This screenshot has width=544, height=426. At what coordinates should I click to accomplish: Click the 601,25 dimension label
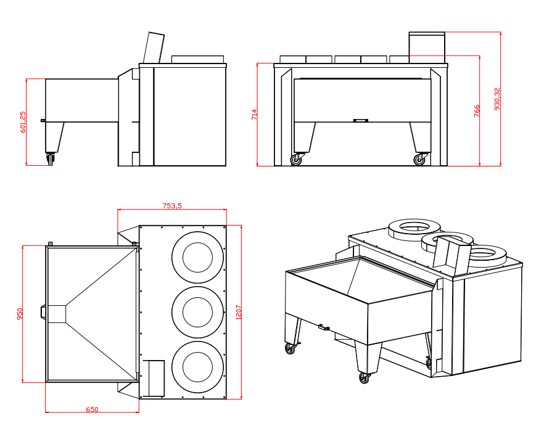pos(23,122)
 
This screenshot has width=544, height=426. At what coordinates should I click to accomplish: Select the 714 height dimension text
pos(254,115)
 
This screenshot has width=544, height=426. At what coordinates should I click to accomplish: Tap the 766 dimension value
pos(477,111)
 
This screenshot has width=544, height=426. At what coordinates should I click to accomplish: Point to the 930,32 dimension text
pos(497,99)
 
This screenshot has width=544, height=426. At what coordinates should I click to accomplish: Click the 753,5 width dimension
pos(172,206)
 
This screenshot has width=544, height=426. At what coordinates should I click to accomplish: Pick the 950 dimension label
pos(20,314)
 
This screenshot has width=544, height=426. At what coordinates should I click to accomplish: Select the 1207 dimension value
pos(239,311)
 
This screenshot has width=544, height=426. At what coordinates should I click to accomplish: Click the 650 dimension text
pos(92,409)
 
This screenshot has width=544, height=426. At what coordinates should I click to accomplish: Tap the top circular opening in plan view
pos(197,257)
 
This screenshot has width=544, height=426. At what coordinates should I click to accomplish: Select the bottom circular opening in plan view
pos(197,367)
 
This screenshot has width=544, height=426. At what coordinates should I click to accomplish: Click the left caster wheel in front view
pos(297,160)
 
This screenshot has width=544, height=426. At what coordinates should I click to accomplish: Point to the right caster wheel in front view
pos(420,160)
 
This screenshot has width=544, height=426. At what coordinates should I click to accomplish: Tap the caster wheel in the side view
pos(49,159)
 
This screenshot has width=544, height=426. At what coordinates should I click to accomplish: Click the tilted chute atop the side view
pos(154,47)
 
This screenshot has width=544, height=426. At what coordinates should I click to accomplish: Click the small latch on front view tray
pos(360,120)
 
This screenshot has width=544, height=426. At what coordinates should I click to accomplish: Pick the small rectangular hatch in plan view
pos(154,377)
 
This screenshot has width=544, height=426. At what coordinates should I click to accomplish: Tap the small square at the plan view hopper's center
pos(57,313)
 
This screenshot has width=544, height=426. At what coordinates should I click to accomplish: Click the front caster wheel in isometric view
pos(364,377)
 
